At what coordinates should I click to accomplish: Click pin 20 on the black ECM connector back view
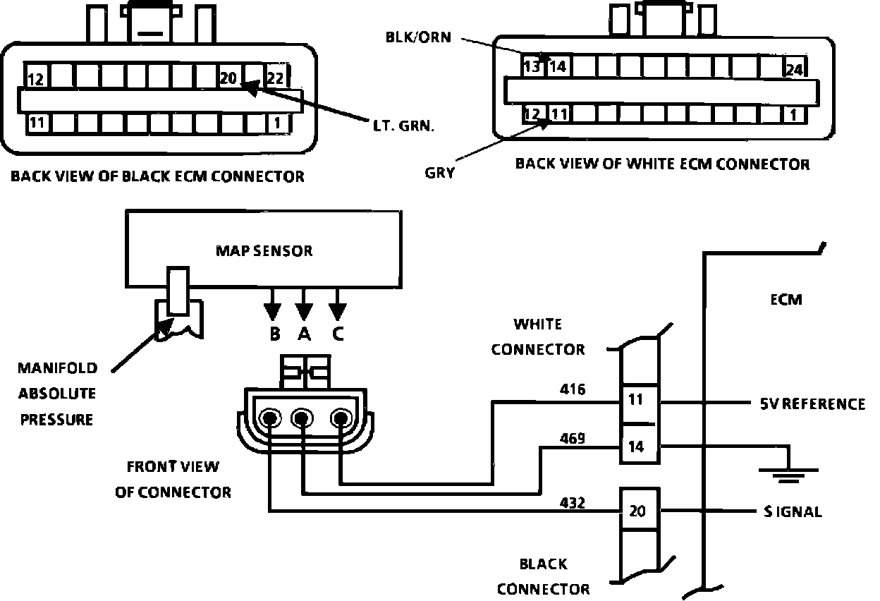229,78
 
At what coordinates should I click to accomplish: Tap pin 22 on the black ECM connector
276,78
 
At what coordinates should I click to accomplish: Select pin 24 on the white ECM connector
795,69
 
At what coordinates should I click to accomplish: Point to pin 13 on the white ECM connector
533,68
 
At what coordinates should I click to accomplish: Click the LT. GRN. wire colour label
403,127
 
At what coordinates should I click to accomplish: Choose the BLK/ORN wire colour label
417,37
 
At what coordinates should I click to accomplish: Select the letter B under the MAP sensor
274,334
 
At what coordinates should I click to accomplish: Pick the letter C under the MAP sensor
338,334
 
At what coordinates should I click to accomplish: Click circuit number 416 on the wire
572,389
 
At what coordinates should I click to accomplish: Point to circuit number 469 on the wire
572,439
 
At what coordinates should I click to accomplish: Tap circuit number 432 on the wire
572,503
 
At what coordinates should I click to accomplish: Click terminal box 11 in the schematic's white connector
637,400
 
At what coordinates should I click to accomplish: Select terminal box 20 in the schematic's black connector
637,511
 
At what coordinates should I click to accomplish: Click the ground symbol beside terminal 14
788,473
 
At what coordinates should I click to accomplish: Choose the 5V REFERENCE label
812,404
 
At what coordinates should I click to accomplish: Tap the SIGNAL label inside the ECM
793,512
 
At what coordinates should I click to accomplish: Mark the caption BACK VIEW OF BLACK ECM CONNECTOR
157,176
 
